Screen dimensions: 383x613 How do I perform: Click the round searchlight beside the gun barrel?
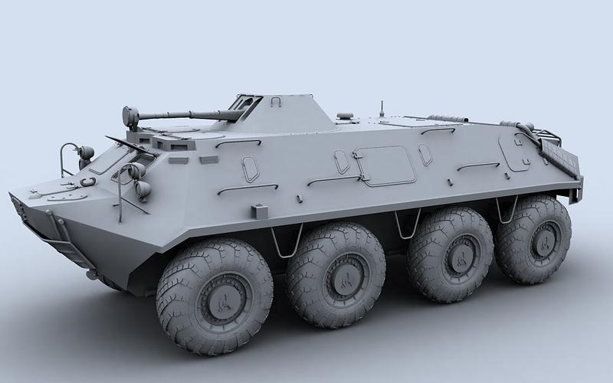click(130, 116)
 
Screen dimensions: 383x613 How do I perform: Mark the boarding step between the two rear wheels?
click(502, 211)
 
